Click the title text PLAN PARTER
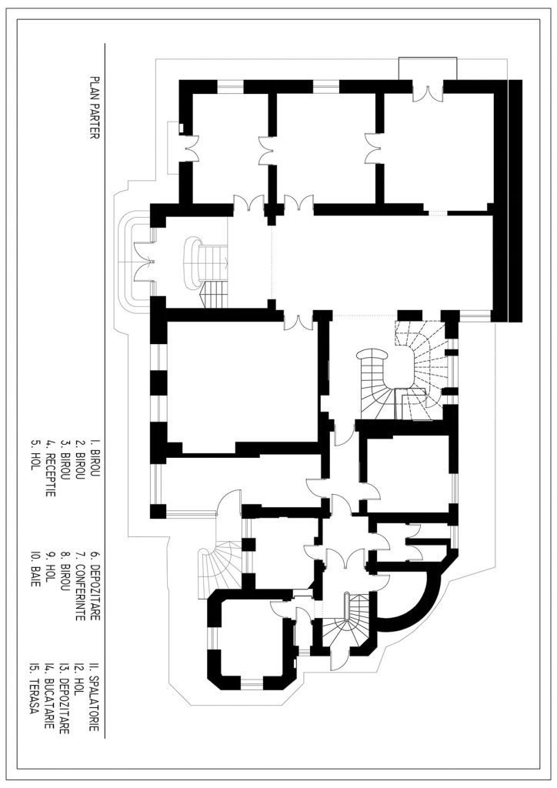tap(95, 108)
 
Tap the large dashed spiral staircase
tap(420, 369)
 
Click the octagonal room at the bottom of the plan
tap(251, 638)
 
